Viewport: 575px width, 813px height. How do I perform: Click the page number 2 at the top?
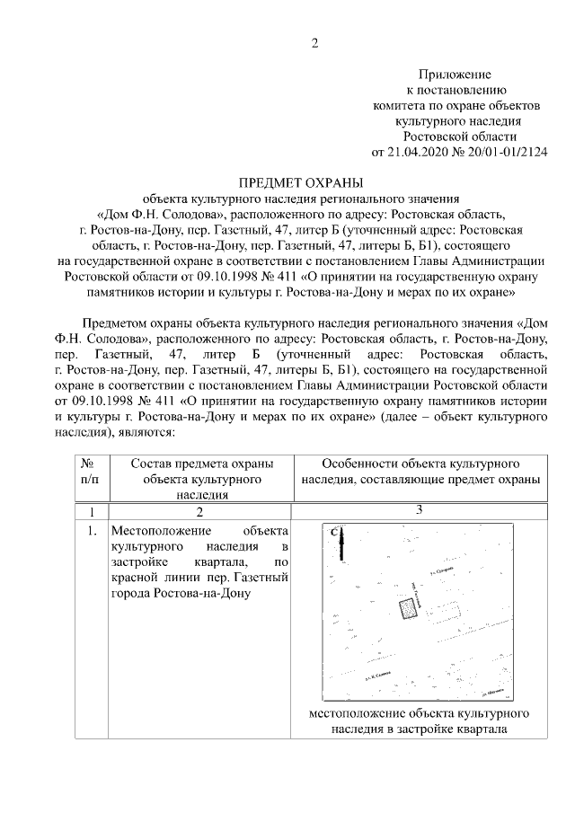[x=314, y=43]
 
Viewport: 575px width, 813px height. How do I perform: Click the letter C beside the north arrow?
[x=333, y=532]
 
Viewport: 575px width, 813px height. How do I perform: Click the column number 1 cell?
[x=89, y=511]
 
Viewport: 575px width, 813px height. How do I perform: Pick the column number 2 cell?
[x=200, y=511]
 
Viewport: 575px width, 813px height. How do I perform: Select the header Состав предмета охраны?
[x=200, y=464]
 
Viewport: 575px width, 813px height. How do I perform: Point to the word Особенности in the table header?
[x=357, y=464]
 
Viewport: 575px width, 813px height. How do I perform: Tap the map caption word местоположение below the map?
[x=355, y=713]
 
